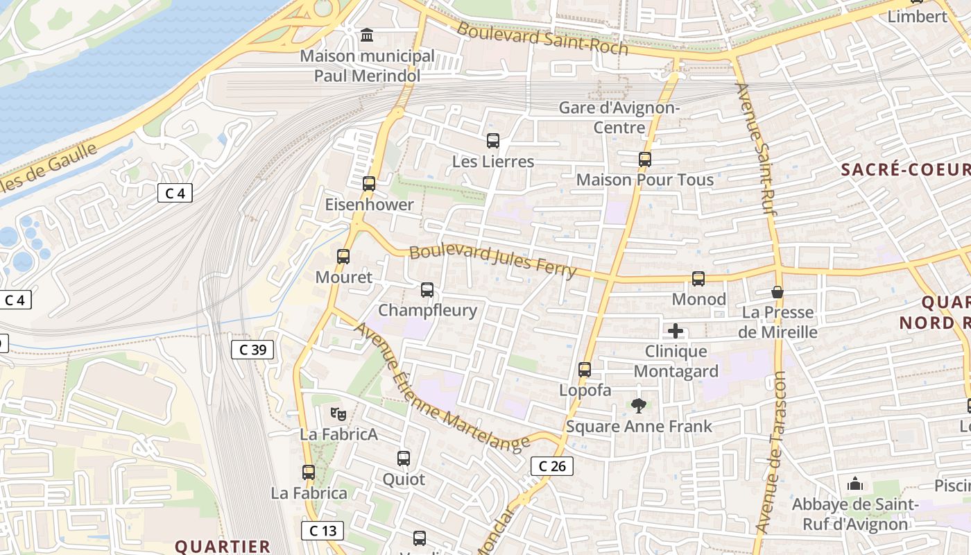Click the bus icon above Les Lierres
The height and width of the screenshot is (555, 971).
[493, 141]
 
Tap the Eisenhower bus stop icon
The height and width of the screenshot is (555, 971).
[369, 184]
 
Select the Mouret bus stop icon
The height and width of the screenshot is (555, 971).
[343, 257]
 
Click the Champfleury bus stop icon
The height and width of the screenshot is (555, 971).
[427, 290]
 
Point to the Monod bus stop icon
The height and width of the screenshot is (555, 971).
[698, 279]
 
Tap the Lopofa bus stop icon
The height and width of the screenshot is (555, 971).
[585, 370]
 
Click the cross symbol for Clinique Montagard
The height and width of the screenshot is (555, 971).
[676, 331]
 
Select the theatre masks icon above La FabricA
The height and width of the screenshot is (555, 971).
[338, 414]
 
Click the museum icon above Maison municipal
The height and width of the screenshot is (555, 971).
[367, 35]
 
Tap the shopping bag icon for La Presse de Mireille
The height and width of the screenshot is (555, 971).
[777, 293]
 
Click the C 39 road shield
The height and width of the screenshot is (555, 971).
[252, 350]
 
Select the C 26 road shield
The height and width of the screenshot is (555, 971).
[552, 466]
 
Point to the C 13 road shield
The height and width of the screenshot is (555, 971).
[323, 531]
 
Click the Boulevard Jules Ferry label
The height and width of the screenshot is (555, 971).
[492, 261]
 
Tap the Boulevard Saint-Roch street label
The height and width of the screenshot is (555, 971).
[542, 37]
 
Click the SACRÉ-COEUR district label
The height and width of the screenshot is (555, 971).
[905, 169]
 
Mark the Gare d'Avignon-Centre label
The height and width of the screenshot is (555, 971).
[619, 117]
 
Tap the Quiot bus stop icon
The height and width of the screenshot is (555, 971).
[404, 459]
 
